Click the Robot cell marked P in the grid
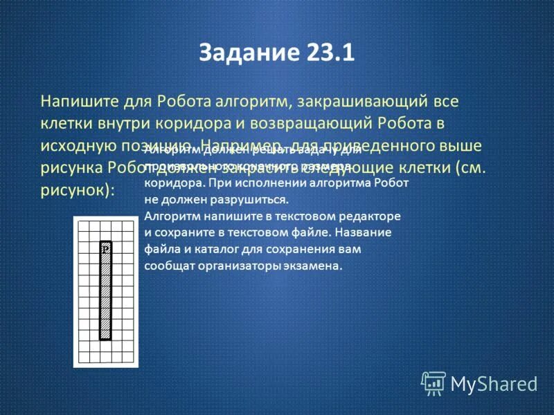(x=105, y=247)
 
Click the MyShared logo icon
(x=434, y=382)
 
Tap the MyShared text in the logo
(x=494, y=383)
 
